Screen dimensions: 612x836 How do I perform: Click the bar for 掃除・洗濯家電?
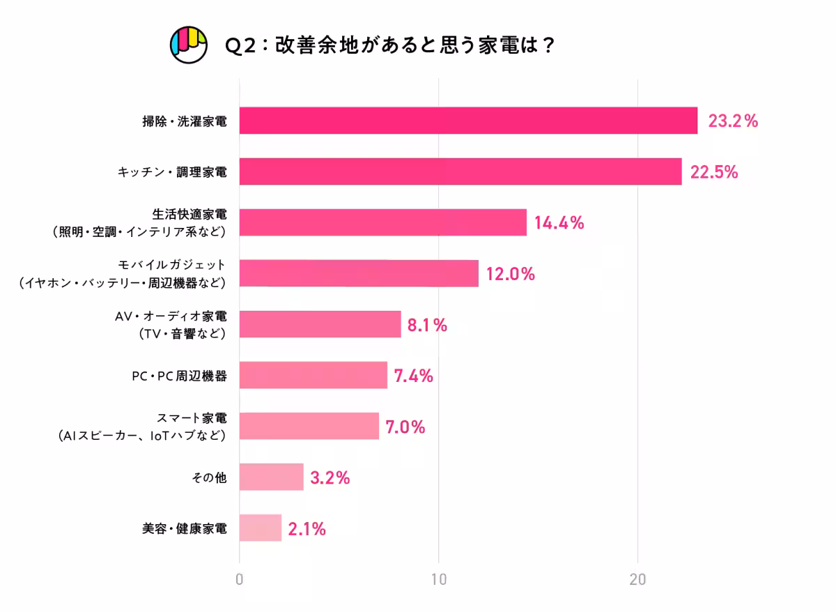click(468, 121)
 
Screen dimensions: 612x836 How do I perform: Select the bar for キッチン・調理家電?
click(460, 171)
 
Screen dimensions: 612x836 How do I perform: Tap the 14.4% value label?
click(559, 223)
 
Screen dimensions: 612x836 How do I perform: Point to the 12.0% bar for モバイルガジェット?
click(359, 273)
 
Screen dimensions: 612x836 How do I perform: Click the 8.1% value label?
click(427, 325)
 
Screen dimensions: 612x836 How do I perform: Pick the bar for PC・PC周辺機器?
click(313, 375)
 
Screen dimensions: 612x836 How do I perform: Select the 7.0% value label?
click(405, 427)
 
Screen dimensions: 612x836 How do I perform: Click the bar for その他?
click(271, 477)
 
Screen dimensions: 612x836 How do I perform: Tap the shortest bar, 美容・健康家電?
click(260, 528)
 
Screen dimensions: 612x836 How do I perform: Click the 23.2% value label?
click(732, 121)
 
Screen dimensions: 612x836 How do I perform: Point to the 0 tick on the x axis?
click(240, 580)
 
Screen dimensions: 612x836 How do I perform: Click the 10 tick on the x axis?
click(438, 580)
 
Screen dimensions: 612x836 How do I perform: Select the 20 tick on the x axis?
click(637, 580)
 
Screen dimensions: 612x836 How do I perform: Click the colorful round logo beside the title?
click(189, 45)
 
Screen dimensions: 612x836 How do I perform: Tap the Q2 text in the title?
click(240, 45)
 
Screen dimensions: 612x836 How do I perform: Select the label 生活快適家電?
click(189, 214)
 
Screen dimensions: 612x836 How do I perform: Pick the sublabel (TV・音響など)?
click(183, 334)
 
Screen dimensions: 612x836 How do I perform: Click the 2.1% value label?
click(307, 529)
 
